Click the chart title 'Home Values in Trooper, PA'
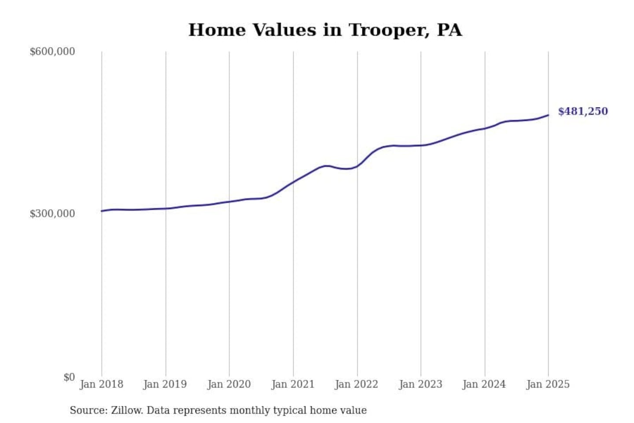(325, 30)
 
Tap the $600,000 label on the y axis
(52, 52)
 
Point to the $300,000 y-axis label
(52, 214)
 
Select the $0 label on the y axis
(69, 377)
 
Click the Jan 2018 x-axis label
(101, 384)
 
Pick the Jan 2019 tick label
(165, 384)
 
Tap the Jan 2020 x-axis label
(229, 384)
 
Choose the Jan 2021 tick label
(293, 384)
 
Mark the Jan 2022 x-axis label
(357, 384)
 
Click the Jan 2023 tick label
(420, 384)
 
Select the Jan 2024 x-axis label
(484, 384)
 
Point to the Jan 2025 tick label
(548, 384)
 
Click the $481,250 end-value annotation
(583, 111)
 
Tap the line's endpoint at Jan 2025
(548, 115)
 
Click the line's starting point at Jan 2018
(102, 211)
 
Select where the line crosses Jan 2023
(421, 145)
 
